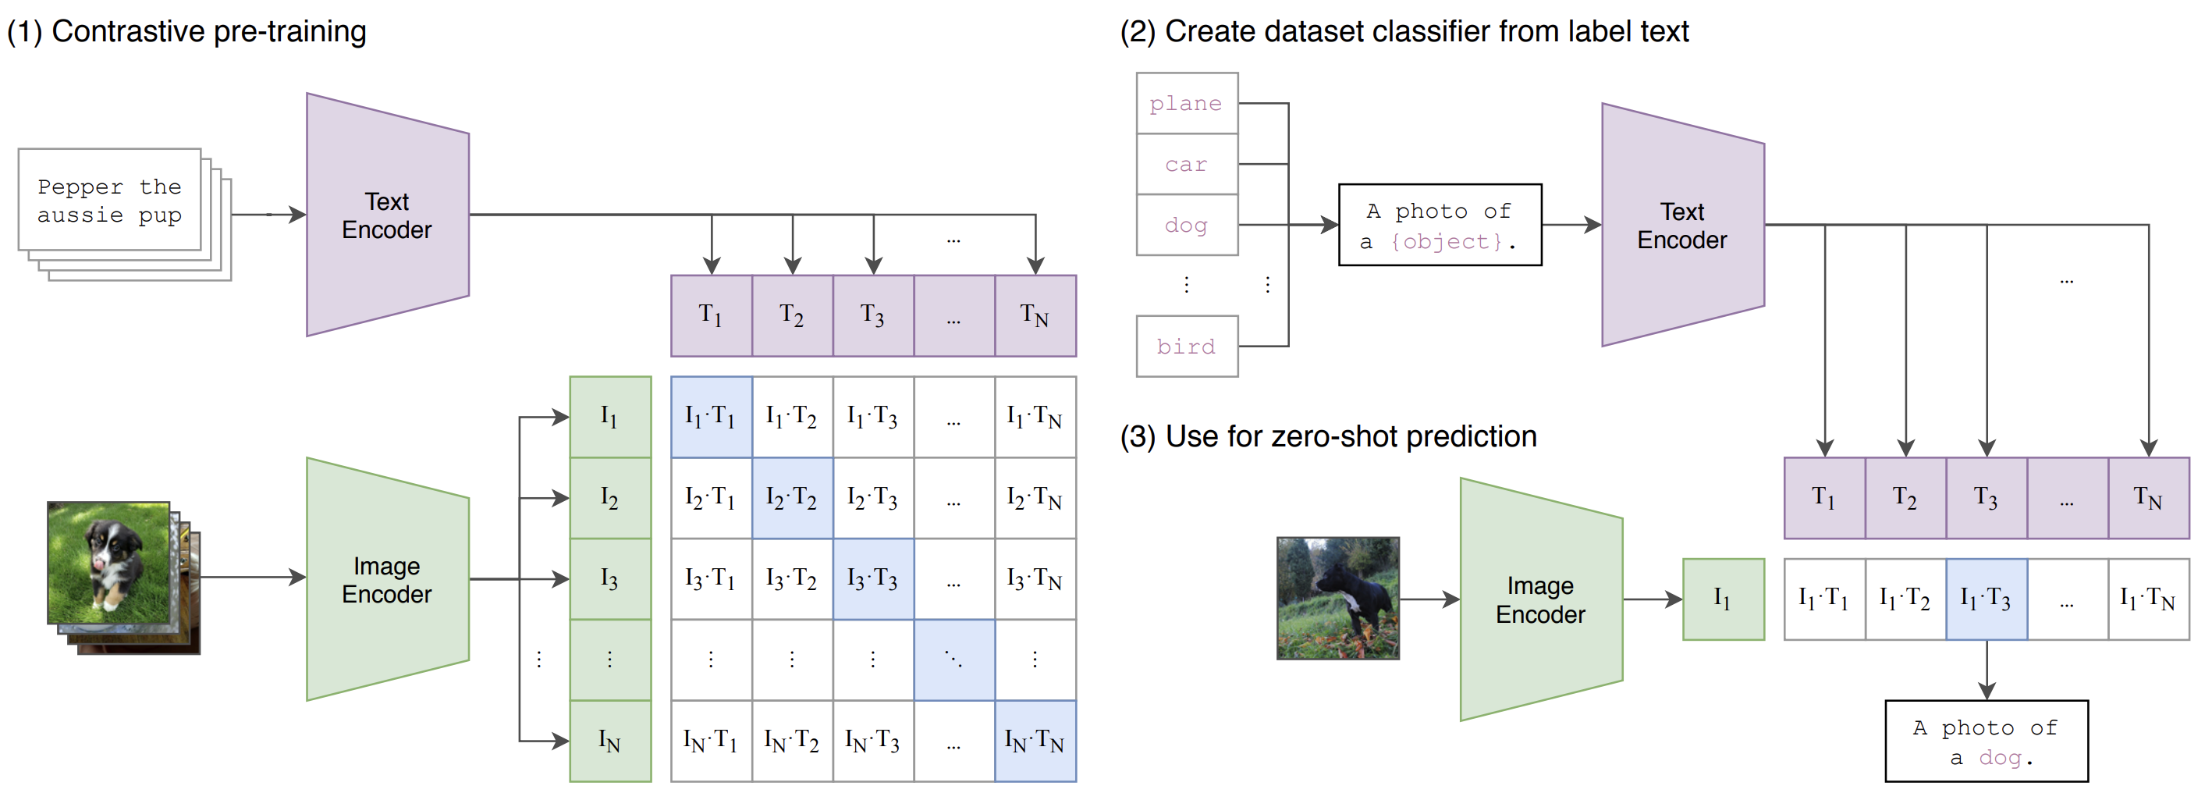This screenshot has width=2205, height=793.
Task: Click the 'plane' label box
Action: point(1187,104)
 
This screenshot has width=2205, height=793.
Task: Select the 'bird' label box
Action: point(1187,346)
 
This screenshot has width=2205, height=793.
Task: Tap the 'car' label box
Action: point(1187,165)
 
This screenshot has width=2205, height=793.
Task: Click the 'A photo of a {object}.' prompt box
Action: point(1440,226)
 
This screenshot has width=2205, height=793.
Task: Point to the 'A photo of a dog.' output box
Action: point(1986,741)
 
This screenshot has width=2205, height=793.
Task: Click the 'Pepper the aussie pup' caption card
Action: point(109,201)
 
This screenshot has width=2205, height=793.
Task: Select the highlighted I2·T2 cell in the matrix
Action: point(792,497)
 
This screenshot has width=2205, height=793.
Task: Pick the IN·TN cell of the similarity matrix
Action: point(1035,741)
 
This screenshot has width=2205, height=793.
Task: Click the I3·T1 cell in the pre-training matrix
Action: point(711,579)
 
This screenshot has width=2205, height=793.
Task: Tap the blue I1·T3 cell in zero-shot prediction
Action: point(1986,599)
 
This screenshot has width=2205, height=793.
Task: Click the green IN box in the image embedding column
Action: point(610,741)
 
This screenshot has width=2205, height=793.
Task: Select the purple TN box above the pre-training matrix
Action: point(1035,316)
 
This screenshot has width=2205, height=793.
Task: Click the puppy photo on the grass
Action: point(108,562)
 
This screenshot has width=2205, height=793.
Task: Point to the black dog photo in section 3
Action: point(1337,599)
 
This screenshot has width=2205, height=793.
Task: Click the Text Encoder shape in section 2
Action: point(1681,226)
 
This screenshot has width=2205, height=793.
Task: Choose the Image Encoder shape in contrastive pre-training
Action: point(387,580)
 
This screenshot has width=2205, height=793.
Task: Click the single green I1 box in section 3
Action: point(1722,599)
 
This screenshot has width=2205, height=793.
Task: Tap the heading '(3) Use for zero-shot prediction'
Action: point(1328,437)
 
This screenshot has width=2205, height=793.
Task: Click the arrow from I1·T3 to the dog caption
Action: point(1986,670)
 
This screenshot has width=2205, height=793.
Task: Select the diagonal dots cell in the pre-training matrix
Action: point(953,660)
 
